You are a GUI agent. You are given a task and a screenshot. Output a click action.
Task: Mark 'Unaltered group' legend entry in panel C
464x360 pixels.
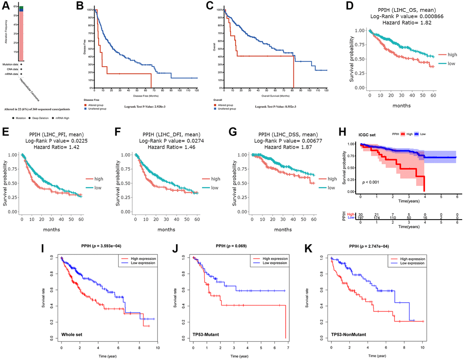tap(228, 109)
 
